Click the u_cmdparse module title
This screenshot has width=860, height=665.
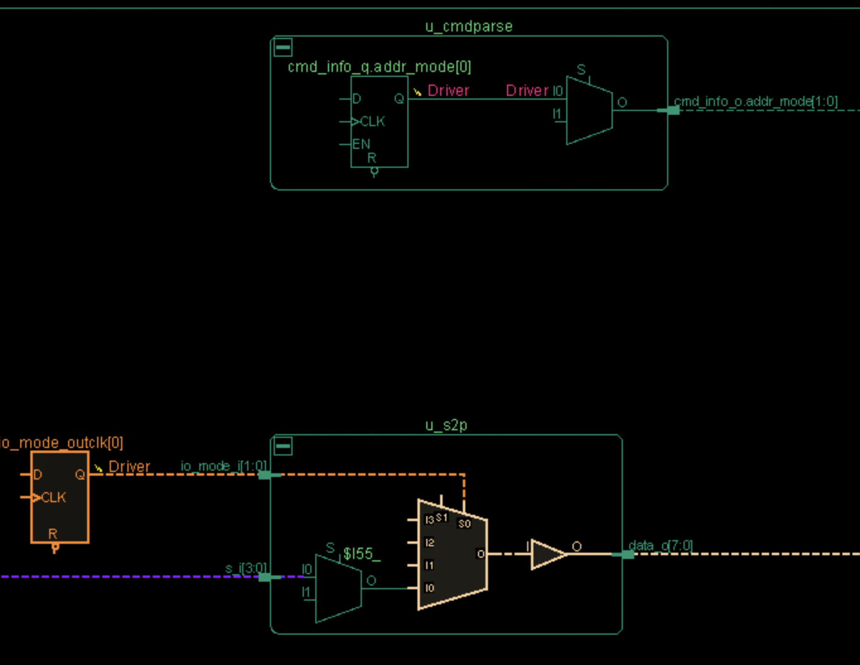[468, 26]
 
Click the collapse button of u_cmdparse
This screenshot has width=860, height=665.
[283, 47]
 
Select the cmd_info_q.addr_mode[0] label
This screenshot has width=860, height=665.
[379, 67]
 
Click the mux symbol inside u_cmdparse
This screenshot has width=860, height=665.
[588, 110]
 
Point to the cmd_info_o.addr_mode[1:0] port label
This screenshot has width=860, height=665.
[755, 102]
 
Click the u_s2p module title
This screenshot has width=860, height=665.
[446, 425]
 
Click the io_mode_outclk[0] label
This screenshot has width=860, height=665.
[62, 443]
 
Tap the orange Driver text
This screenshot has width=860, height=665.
[129, 467]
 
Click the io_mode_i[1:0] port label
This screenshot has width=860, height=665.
[224, 466]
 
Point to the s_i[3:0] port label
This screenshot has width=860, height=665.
[246, 568]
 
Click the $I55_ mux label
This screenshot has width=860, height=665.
[361, 554]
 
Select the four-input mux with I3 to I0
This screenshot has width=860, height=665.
[452, 555]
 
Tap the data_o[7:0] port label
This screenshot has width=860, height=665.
[660, 545]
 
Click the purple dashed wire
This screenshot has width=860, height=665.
[126, 577]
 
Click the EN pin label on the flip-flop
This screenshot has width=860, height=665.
[361, 144]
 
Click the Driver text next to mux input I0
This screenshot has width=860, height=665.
[527, 91]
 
